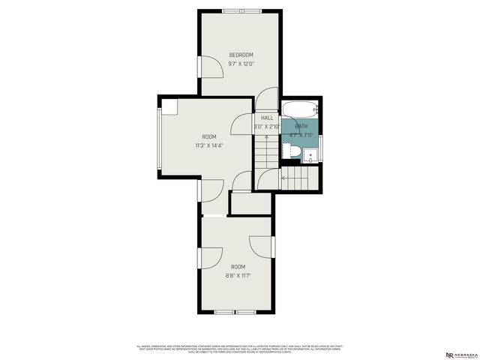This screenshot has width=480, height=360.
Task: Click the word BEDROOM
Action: click(x=241, y=55)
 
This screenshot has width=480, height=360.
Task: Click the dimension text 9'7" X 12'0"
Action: click(x=241, y=64)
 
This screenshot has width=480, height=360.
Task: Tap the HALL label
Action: click(x=266, y=118)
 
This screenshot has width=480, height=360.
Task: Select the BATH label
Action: click(x=301, y=126)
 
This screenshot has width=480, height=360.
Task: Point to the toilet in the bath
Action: click(x=295, y=153)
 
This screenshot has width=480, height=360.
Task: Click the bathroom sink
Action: click(x=311, y=154)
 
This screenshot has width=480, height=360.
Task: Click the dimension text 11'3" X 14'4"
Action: click(x=208, y=145)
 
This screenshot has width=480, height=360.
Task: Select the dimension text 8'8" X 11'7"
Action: click(x=238, y=275)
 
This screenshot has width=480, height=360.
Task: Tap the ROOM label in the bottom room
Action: click(x=238, y=267)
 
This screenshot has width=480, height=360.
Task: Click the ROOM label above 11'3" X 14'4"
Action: click(x=208, y=136)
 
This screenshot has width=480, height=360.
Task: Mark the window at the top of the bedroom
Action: click(x=242, y=11)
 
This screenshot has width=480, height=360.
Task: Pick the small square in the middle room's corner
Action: click(x=169, y=106)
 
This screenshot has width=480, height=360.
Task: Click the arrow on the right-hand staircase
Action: click(x=283, y=178)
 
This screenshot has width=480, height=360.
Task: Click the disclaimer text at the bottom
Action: click(x=240, y=349)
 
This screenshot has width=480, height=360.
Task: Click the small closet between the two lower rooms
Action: click(x=250, y=203)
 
